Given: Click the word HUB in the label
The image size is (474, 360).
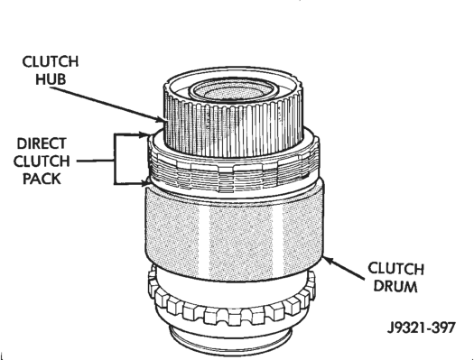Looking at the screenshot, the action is (x=51, y=79).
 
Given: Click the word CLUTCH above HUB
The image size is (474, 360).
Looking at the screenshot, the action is (x=51, y=61).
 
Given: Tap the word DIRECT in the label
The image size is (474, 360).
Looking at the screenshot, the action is (x=42, y=143).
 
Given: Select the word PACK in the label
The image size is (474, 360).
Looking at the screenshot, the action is (x=42, y=179).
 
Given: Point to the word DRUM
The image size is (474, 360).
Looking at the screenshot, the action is (x=395, y=286).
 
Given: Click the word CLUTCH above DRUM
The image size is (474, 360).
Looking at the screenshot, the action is (x=395, y=269).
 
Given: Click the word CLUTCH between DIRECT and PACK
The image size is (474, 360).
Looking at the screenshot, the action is (x=42, y=162).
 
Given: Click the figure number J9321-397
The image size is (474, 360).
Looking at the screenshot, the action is (x=421, y=328).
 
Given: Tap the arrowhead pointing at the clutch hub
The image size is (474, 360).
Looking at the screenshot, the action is (x=160, y=119).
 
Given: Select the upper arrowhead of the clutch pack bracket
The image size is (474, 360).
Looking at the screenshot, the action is (x=144, y=134).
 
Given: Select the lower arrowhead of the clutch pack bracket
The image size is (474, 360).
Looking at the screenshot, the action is (x=144, y=183).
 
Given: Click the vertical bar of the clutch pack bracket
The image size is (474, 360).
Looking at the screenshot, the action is (x=115, y=159).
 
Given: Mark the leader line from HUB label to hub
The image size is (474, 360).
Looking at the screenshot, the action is (x=105, y=103).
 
